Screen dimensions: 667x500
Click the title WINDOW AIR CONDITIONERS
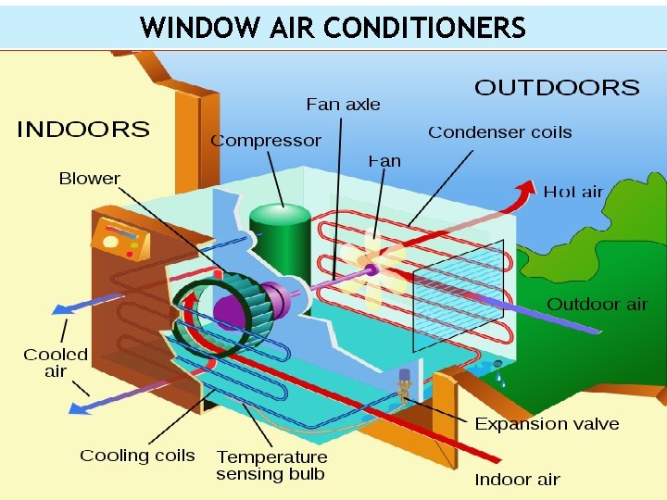pyautogui.click(x=333, y=27)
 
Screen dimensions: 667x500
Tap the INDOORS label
pyautogui.click(x=83, y=130)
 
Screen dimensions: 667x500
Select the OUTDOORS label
pyautogui.click(x=557, y=88)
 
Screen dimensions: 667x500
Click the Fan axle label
pyautogui.click(x=343, y=105)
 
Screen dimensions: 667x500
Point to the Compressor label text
pyautogui.click(x=266, y=141)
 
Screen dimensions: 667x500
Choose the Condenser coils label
pyautogui.click(x=499, y=132)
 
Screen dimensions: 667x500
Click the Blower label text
pyautogui.click(x=89, y=178)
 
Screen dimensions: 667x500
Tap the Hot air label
pyautogui.click(x=573, y=192)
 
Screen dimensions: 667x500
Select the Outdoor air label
pyautogui.click(x=597, y=304)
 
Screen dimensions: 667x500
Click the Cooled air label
pyautogui.click(x=56, y=362)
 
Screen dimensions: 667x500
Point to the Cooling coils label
pyautogui.click(x=137, y=455)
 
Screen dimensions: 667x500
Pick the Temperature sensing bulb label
pyautogui.click(x=271, y=465)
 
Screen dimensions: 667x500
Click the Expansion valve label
pyautogui.click(x=547, y=423)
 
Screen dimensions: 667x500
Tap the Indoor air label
pyautogui.click(x=517, y=479)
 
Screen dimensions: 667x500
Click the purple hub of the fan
pyautogui.click(x=371, y=269)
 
